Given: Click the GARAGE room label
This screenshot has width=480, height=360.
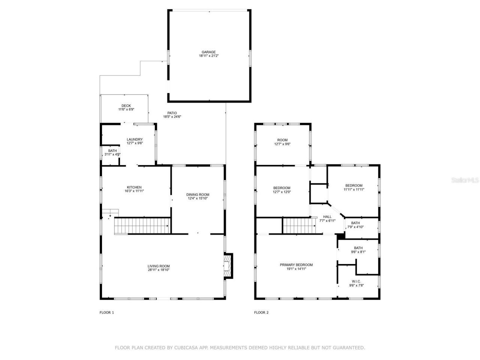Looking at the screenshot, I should pyautogui.click(x=208, y=52).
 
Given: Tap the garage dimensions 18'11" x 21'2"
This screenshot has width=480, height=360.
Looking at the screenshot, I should pyautogui.click(x=208, y=56).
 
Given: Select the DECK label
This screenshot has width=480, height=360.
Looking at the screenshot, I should pyautogui.click(x=126, y=106).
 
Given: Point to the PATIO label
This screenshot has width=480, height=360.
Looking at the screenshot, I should pyautogui.click(x=172, y=113).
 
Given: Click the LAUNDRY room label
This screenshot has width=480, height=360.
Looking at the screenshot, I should pyautogui.click(x=135, y=139).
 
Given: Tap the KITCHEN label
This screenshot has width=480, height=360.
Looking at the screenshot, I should pyautogui.click(x=134, y=187).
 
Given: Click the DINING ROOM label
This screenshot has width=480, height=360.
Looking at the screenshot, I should pyautogui.click(x=198, y=195).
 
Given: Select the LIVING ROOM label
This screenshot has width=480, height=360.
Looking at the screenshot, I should pyautogui.click(x=159, y=266).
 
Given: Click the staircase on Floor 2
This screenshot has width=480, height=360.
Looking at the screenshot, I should pyautogui.click(x=297, y=226).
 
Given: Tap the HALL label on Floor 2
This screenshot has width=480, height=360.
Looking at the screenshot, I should pyautogui.click(x=327, y=217).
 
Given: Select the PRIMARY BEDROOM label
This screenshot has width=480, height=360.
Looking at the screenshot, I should pyautogui.click(x=296, y=265).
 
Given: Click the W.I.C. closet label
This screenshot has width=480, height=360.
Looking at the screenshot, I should pyautogui.click(x=356, y=281).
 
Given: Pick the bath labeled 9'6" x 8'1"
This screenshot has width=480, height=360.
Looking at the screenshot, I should pyautogui.click(x=358, y=250).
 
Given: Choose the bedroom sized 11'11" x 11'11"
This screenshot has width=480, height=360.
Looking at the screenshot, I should pyautogui.click(x=354, y=187).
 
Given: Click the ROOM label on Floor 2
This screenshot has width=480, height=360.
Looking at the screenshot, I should pyautogui.click(x=282, y=140).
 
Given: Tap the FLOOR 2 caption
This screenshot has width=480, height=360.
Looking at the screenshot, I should pyautogui.click(x=261, y=312).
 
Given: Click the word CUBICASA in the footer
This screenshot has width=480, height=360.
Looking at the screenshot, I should pyautogui.click(x=185, y=348).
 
